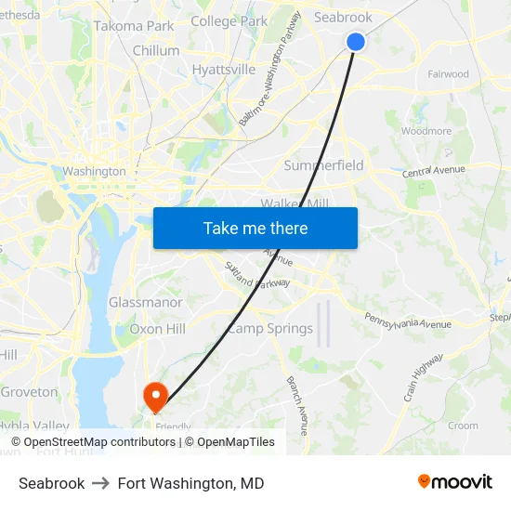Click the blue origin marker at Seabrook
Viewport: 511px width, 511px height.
356,42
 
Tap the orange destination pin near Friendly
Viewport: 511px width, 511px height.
154,397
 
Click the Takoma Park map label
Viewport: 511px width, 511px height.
134,26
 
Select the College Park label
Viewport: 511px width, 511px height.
229,20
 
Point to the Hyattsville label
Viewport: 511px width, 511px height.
223,70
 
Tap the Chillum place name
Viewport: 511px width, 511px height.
156,51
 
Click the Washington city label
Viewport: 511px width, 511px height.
94,171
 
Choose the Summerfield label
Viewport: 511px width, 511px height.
323,165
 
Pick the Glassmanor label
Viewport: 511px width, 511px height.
146,303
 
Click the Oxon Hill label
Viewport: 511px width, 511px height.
157,329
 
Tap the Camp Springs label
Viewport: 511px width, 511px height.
270,329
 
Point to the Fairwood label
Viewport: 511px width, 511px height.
448,74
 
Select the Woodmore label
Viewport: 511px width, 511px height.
426,132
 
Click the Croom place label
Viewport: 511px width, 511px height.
463,426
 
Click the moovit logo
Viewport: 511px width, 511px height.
455,482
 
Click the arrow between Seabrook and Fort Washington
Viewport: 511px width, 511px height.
101,483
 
